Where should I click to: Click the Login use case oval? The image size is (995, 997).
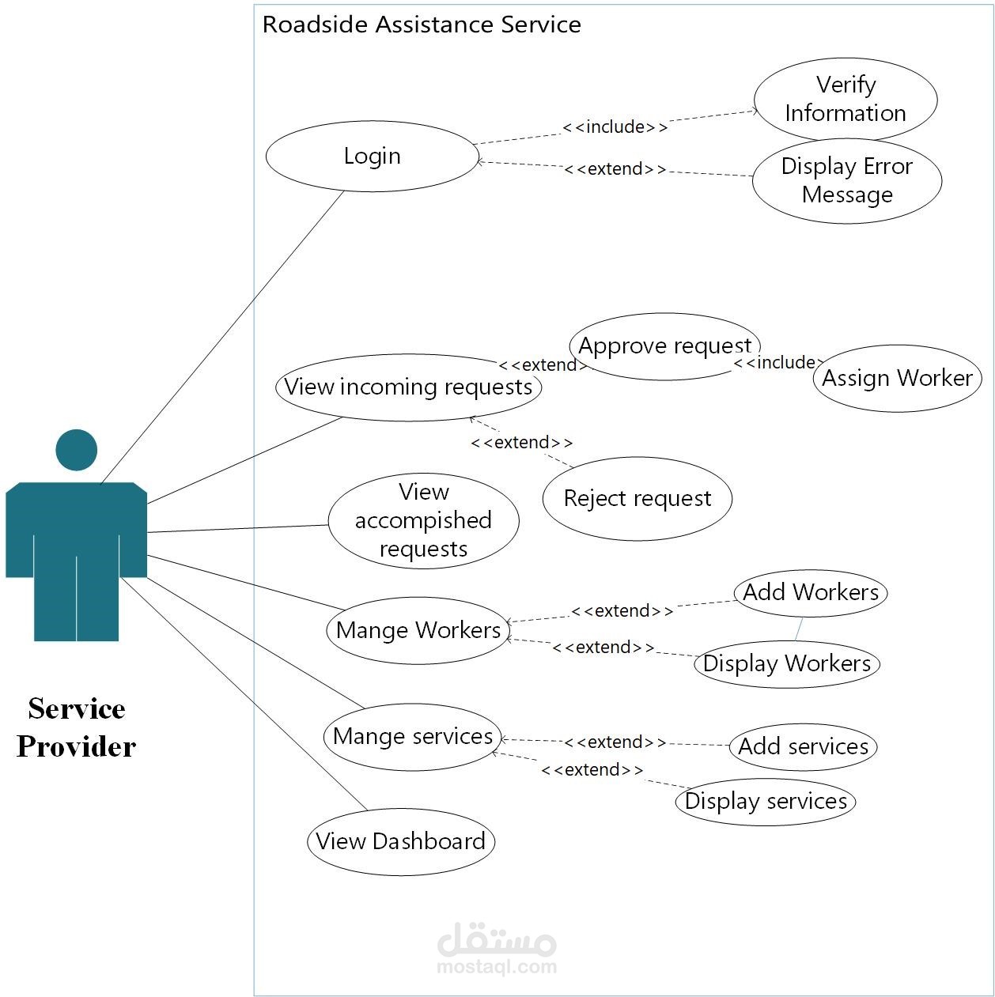coord(372,156)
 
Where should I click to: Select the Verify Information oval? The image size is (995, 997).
coord(845,99)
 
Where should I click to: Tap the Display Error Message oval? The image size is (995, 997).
coord(846,180)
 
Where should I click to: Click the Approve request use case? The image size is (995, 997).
coord(664,346)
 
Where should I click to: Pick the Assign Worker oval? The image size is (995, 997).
coord(897,378)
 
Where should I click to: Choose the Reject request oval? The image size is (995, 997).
coord(637,499)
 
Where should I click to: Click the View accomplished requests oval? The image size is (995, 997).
coord(423,520)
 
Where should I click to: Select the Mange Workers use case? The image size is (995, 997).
coord(418,630)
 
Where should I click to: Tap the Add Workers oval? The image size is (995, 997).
coord(810,592)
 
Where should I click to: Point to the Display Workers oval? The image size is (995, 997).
coord(786,663)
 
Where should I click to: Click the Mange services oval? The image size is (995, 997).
coord(412,737)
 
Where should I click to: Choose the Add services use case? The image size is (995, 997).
coord(803,746)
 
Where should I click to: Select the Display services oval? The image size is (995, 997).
coord(765,802)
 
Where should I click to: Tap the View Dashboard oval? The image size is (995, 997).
coord(400,841)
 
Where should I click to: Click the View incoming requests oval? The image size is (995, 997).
coord(408,387)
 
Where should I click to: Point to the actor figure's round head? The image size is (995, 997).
coord(77,450)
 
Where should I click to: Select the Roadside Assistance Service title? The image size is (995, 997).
coord(422,25)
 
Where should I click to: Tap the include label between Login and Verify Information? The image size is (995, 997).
coord(615,127)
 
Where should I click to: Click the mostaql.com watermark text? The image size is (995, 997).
coord(497,966)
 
